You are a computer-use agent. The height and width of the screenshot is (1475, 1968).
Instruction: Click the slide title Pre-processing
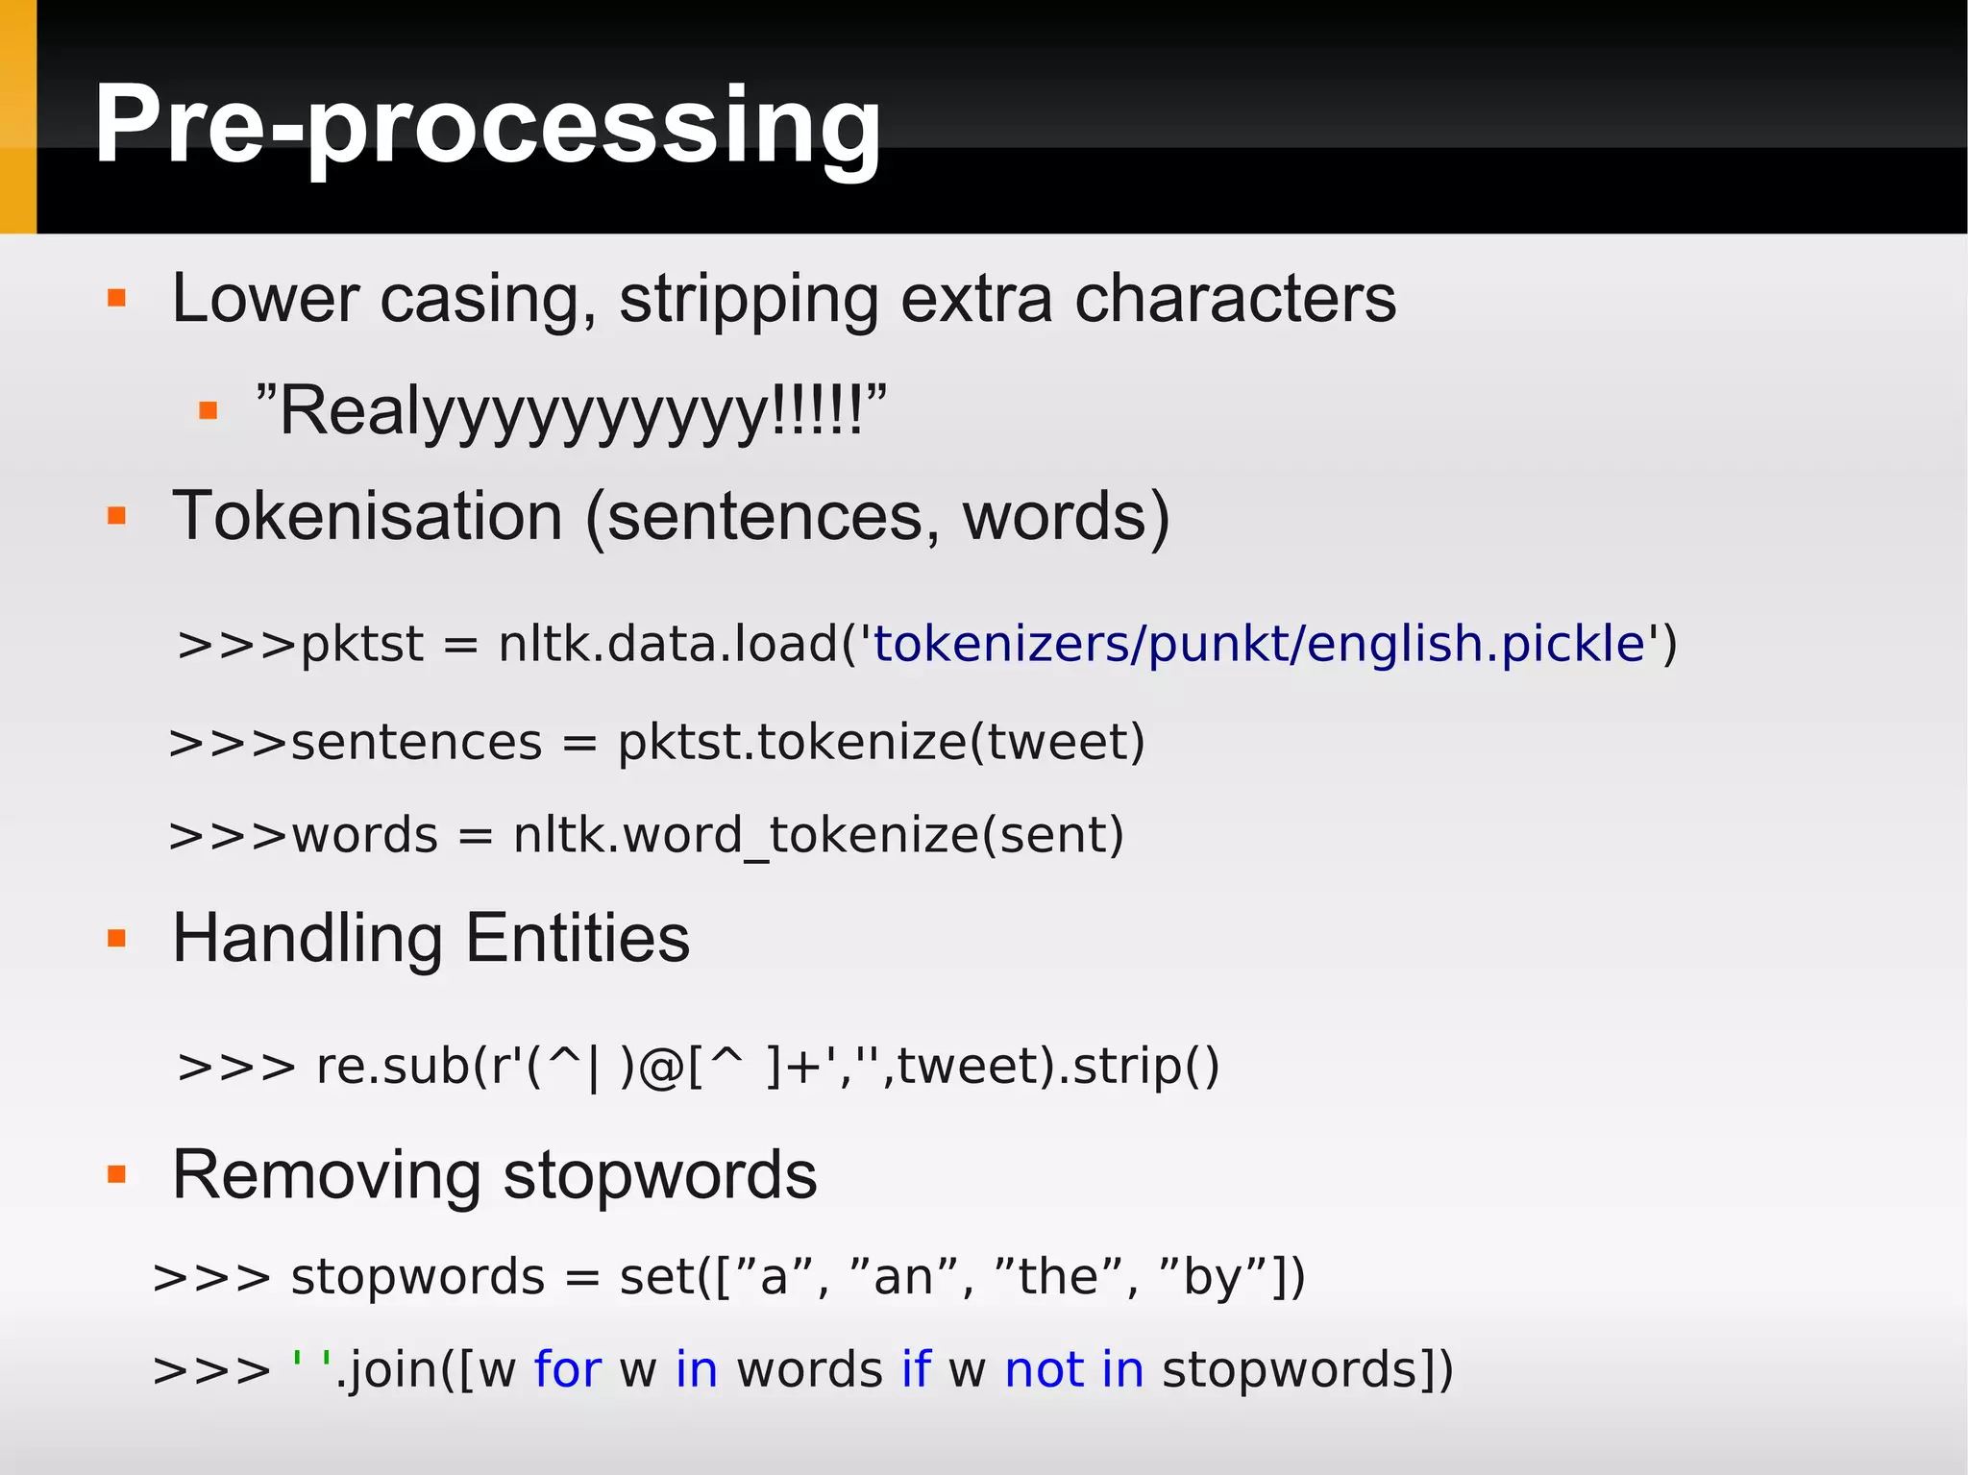click(487, 125)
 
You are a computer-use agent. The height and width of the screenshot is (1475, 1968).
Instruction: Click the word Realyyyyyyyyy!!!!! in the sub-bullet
click(571, 411)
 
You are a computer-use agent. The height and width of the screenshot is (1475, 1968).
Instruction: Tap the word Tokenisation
click(367, 517)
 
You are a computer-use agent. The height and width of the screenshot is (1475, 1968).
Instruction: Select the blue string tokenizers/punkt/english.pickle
click(1259, 644)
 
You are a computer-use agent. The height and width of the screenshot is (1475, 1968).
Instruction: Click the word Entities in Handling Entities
click(578, 939)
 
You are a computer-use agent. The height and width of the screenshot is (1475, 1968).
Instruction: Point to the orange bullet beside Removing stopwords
click(117, 1174)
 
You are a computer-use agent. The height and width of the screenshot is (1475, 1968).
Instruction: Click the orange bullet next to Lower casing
click(117, 298)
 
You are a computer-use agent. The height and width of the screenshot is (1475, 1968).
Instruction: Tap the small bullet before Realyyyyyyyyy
click(208, 412)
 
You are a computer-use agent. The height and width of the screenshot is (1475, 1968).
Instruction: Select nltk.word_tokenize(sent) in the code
click(818, 835)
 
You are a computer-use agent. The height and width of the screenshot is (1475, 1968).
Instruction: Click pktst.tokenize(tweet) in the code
click(881, 743)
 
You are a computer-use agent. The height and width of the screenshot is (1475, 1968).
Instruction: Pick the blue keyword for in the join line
click(567, 1369)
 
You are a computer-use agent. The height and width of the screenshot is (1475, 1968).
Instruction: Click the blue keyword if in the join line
click(916, 1369)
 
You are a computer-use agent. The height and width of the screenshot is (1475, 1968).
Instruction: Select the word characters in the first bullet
click(1235, 299)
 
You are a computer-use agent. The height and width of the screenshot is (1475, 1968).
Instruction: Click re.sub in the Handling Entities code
click(392, 1067)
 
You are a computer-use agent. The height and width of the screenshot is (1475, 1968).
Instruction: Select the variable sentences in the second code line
click(416, 743)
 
